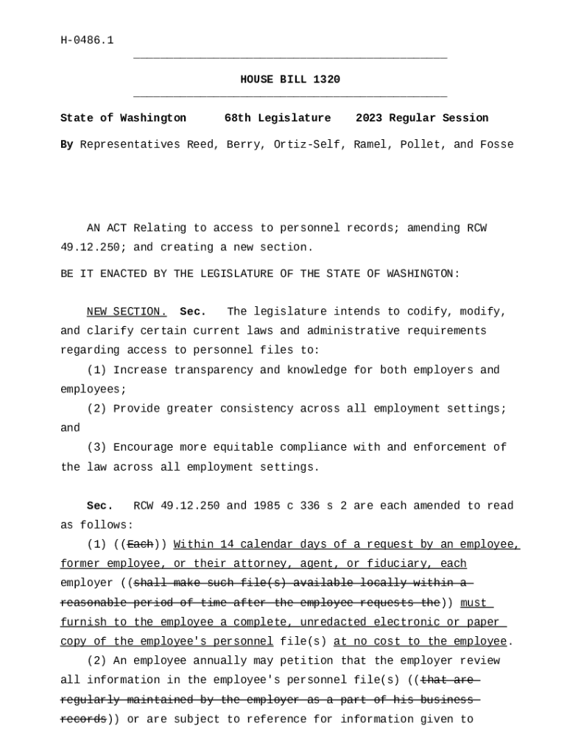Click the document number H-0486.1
point(87,40)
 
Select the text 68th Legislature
point(278,118)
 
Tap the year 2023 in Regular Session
point(369,118)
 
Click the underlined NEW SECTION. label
point(127,311)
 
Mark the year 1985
point(270,506)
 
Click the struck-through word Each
point(140,544)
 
